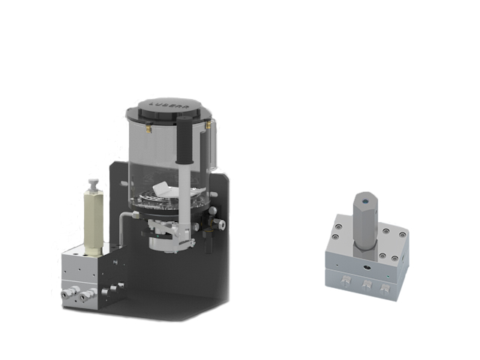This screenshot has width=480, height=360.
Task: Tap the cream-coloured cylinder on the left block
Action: click(93, 220)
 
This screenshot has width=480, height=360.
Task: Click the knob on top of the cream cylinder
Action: click(93, 184)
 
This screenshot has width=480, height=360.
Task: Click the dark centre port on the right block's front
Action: click(365, 263)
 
